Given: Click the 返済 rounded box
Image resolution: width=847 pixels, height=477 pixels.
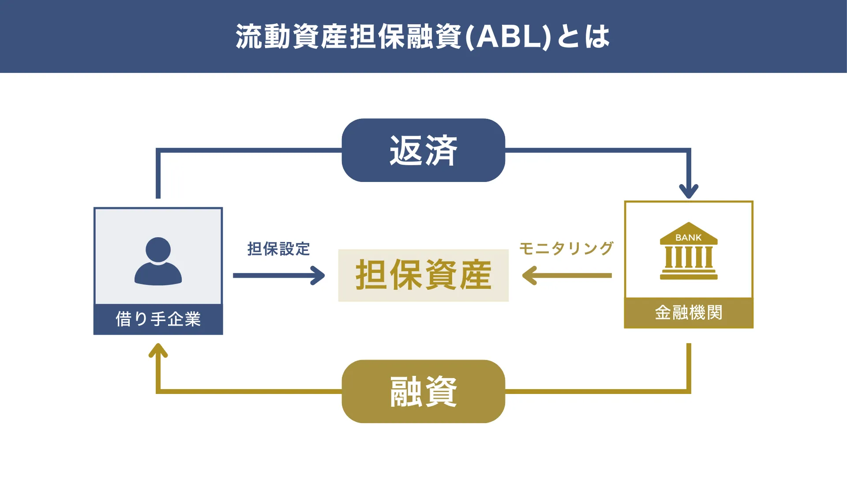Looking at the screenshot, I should pyautogui.click(x=423, y=150).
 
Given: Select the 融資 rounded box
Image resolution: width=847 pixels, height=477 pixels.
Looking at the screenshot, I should pyautogui.click(x=423, y=391).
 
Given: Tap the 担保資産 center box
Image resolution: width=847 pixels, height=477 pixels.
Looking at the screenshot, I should pyautogui.click(x=423, y=275).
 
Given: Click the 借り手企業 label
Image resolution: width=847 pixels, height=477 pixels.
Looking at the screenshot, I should pyautogui.click(x=158, y=319).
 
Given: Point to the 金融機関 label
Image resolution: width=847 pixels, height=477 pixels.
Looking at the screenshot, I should pyautogui.click(x=688, y=313).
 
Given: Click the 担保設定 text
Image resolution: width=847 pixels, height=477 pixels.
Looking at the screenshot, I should pyautogui.click(x=278, y=249).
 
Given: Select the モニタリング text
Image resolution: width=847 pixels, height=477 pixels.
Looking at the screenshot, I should pyautogui.click(x=566, y=248).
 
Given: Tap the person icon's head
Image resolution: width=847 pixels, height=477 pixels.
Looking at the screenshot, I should pyautogui.click(x=158, y=250).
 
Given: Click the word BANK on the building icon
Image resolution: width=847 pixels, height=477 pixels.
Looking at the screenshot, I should pyautogui.click(x=688, y=238).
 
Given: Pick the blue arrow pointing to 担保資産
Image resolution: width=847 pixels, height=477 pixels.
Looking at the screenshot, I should pyautogui.click(x=279, y=276).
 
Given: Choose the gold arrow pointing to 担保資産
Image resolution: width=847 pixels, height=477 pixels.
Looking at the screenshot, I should pyautogui.click(x=567, y=276).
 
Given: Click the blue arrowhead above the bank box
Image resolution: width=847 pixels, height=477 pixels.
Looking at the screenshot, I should pyautogui.click(x=688, y=192).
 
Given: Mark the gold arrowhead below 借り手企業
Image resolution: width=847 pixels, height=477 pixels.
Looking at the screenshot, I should pyautogui.click(x=158, y=351).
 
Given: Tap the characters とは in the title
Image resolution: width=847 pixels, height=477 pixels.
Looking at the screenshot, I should pyautogui.click(x=583, y=37).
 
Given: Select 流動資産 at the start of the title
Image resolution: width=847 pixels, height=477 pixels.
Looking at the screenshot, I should pyautogui.click(x=291, y=37).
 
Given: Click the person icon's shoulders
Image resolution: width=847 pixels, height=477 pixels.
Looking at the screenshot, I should pyautogui.click(x=158, y=275).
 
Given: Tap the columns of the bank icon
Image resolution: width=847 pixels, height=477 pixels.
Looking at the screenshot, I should pyautogui.click(x=688, y=257).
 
